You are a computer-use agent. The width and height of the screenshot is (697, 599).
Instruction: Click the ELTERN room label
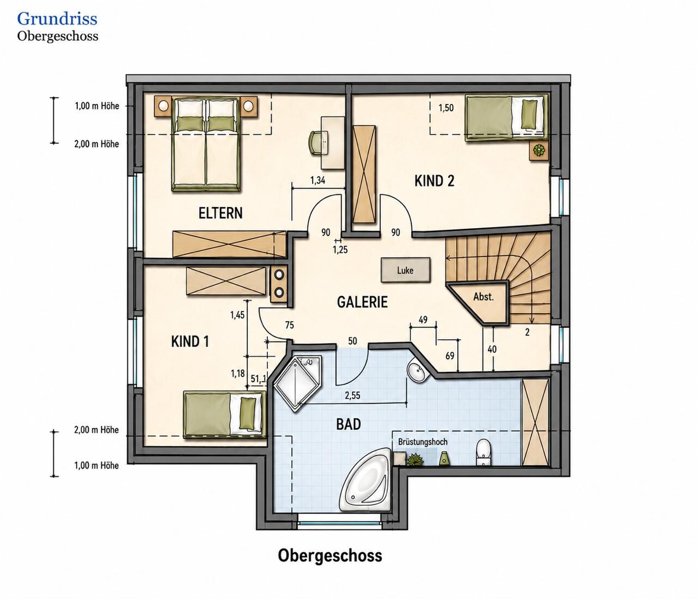220,213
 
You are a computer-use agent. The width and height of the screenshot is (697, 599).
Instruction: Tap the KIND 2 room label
435,181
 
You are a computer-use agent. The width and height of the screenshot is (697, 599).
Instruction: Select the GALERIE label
362,302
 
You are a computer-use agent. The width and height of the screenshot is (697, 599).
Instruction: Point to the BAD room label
348,424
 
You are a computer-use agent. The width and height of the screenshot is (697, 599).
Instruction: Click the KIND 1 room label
190,341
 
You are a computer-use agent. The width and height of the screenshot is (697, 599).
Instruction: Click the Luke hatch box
405,270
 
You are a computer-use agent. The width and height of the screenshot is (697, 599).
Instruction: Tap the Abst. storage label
483,297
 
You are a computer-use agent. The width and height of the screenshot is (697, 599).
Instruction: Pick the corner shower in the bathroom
297,383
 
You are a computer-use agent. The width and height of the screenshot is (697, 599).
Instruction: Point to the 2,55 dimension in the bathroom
352,395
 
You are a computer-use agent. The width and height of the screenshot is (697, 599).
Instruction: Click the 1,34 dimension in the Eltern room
317,180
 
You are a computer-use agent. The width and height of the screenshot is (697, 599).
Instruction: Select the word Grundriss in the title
57,19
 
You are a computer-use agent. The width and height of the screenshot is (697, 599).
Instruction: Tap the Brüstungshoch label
423,442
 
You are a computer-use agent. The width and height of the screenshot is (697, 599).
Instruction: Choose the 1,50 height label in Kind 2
446,108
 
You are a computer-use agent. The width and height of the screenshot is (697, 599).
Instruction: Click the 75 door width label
289,325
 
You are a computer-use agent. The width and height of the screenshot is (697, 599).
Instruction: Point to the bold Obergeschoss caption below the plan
330,555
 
